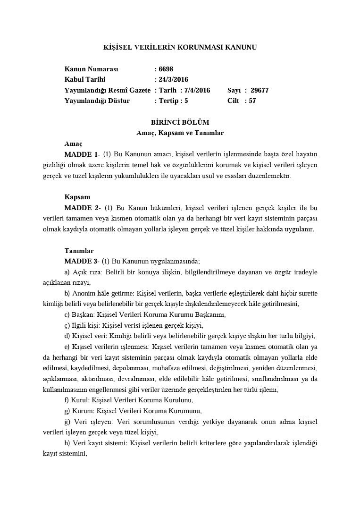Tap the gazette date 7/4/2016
(x=197, y=90)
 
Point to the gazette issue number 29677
(x=260, y=90)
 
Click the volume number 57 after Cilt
(x=252, y=101)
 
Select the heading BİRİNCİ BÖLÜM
(x=180, y=122)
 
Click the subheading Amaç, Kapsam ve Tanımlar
(x=180, y=133)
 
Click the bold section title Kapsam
(x=77, y=197)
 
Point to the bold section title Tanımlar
(x=79, y=251)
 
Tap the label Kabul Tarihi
(x=85, y=79)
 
